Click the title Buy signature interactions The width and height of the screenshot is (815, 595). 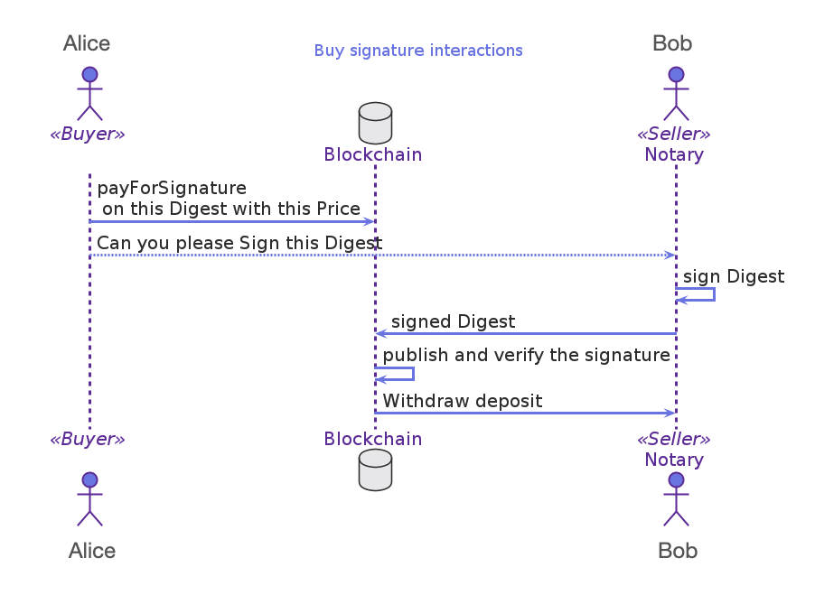418,51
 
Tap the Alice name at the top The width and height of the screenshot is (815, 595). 87,43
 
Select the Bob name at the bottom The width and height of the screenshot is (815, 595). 678,550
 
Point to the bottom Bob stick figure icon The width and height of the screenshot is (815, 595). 676,499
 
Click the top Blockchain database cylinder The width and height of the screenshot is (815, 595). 375,123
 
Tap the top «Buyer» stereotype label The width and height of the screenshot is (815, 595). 87,135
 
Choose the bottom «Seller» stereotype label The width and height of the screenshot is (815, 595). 674,440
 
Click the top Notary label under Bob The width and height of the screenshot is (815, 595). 674,154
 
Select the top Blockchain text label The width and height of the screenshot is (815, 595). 373,154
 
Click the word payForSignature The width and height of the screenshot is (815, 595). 172,189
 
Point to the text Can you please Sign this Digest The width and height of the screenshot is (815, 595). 239,243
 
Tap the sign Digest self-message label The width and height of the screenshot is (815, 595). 734,277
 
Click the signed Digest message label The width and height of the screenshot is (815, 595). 453,321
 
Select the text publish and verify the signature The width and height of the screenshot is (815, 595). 526,356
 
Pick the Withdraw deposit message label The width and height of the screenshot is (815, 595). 463,401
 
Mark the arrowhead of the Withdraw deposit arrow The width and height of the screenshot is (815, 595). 670,413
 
